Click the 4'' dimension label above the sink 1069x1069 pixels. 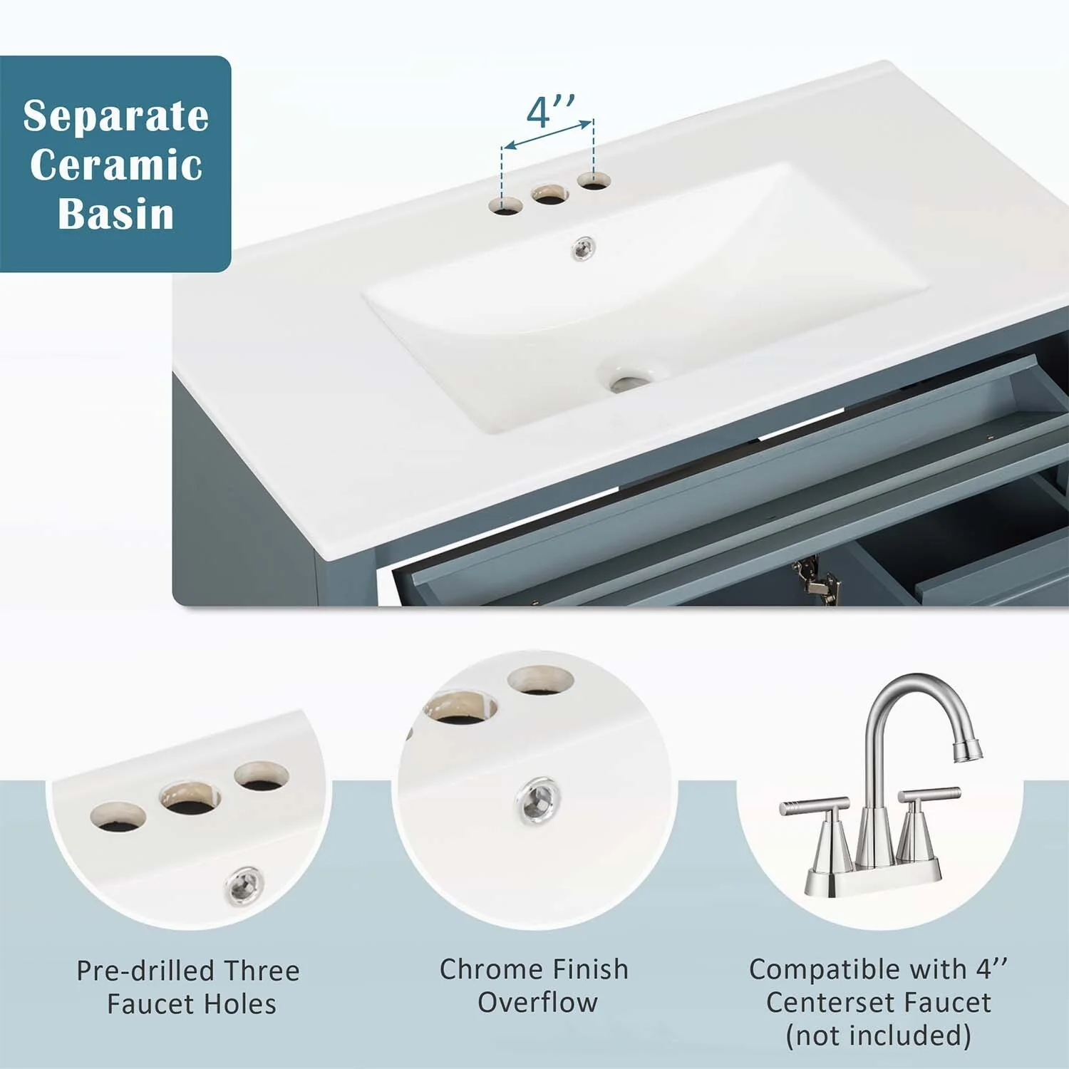tap(550, 111)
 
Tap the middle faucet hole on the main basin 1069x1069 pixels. tap(550, 195)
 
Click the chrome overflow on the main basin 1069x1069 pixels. tap(584, 247)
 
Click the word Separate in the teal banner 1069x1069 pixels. tap(116, 115)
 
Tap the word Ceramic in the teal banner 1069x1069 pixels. tap(116, 165)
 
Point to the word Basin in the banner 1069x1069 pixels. tap(116, 213)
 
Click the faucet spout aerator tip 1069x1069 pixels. tap(969, 750)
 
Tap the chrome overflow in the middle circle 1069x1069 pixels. tap(539, 798)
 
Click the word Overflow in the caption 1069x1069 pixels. tap(537, 1002)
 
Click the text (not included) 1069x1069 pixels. tap(878, 1035)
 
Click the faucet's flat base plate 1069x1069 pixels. tap(874, 880)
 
